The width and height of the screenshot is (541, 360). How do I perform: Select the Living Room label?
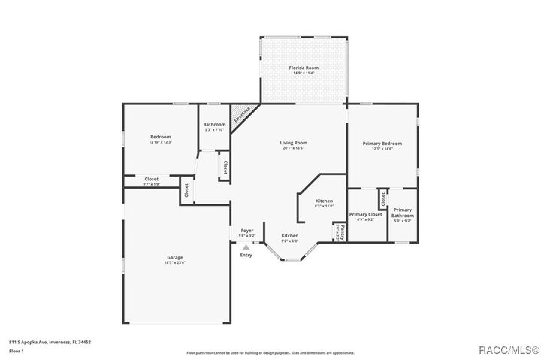294,143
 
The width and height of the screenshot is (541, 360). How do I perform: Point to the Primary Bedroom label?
382,144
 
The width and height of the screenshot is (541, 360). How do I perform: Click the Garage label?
175,258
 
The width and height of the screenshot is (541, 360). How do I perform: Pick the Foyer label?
246,231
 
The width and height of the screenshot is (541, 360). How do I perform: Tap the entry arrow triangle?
246,246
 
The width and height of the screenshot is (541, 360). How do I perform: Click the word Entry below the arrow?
246,255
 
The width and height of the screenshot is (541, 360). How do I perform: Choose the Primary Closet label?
366,214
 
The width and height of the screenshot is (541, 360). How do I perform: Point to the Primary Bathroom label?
403,213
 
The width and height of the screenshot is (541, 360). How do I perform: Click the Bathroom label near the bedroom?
214,124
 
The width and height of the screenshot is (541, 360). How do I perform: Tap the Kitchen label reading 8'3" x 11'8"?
324,201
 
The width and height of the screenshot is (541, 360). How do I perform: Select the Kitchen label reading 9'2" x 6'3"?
289,236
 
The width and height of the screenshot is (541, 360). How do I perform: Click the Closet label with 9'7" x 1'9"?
151,179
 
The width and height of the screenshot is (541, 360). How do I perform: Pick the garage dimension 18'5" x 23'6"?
175,262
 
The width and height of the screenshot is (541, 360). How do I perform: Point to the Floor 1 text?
16,351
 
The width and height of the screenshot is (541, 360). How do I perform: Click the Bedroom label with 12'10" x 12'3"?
161,137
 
